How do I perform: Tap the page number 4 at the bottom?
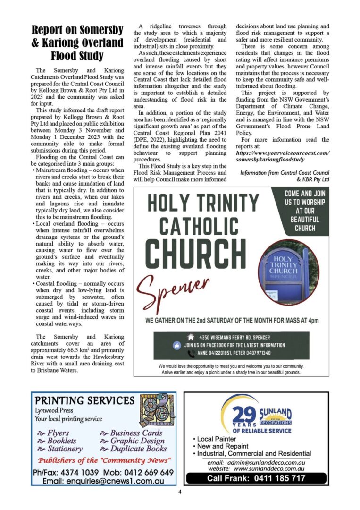click(180, 492)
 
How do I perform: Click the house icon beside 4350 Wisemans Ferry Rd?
click(191, 337)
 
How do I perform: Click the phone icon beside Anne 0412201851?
click(191, 353)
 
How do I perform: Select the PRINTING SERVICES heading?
click(85, 401)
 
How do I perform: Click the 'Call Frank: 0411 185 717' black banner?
click(256, 478)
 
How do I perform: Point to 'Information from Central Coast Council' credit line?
click(285, 173)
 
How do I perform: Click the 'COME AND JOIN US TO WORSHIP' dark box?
click(304, 210)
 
